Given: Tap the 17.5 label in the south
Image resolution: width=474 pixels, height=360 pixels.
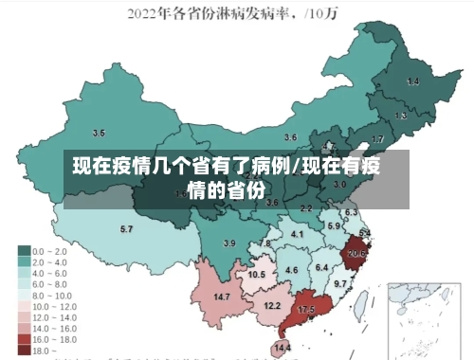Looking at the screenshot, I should click(306, 310).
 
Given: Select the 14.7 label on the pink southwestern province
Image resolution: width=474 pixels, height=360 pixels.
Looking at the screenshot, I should click(223, 297).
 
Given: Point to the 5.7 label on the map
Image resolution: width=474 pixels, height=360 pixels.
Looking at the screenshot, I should click(126, 229).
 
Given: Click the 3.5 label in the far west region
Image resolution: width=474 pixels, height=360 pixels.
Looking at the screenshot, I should click(99, 133).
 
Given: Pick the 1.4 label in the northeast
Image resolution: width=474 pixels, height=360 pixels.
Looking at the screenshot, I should click(412, 82).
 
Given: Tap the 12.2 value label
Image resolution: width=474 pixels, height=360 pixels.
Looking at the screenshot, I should click(272, 305).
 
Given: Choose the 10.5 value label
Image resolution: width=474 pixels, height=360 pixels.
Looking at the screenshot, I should click(257, 274).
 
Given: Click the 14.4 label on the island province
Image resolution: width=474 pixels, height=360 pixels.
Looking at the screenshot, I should click(282, 348).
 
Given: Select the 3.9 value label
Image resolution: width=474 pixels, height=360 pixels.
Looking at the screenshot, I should click(228, 243).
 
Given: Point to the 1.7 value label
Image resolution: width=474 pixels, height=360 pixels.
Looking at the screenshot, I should click(377, 139).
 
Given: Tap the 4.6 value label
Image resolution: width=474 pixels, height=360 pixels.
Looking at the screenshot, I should click(291, 271).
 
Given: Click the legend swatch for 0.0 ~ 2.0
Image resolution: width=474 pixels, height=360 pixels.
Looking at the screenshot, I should click(24, 251).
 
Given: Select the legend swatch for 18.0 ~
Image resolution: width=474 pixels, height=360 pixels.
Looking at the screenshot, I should click(24, 350).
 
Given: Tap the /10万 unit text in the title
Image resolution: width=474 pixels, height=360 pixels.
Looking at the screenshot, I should click(328, 14).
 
